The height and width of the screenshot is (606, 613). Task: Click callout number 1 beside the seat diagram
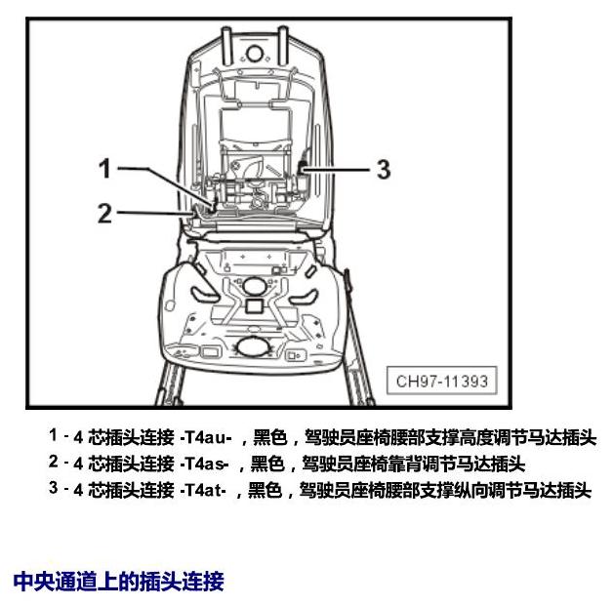[x=104, y=169]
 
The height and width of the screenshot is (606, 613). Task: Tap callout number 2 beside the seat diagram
[x=104, y=213]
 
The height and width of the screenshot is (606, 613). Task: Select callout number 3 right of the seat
[x=384, y=169]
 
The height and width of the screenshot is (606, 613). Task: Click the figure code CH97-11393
[x=442, y=381]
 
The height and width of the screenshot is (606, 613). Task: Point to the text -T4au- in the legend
[x=206, y=437]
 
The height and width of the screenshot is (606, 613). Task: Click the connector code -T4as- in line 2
[x=204, y=464]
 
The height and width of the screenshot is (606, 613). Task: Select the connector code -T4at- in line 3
[x=203, y=490]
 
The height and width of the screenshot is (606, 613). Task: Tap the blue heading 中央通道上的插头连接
[x=118, y=582]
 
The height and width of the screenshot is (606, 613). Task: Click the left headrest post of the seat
[x=225, y=46]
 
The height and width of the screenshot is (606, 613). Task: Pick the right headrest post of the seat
[x=283, y=46]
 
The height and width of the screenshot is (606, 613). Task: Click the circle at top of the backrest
[x=254, y=53]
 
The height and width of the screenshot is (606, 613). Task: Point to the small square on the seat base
[x=254, y=306]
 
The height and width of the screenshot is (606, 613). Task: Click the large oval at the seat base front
[x=254, y=347]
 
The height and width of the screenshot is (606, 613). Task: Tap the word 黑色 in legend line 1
[x=270, y=437]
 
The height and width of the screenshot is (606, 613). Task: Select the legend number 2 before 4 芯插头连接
[x=54, y=462]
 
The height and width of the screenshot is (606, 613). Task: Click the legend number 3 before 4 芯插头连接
[x=54, y=488]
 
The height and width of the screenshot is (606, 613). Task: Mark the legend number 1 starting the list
[x=53, y=435]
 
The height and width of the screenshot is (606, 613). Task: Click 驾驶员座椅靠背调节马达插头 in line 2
[x=413, y=464]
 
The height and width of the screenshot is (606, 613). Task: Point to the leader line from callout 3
[x=336, y=169]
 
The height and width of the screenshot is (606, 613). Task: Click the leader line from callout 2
[x=155, y=213]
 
